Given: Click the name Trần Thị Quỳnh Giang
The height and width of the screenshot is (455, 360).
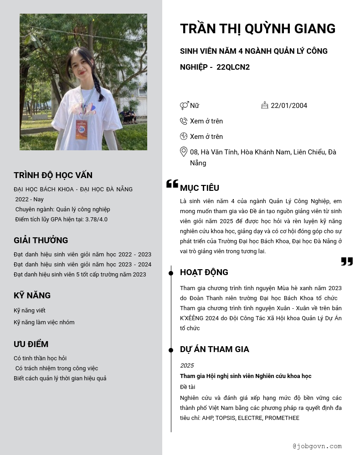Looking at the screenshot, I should click(257, 29).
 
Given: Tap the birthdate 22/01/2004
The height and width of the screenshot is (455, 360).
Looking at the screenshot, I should click(289, 106).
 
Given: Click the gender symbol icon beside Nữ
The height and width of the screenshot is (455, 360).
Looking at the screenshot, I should click(184, 106).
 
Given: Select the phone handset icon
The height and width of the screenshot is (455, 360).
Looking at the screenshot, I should click(184, 121).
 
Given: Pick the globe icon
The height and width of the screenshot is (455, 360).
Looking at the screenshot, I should click(184, 136).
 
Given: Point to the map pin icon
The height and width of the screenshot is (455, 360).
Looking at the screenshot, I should click(184, 152).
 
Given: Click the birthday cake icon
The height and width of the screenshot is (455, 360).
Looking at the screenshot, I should click(265, 105).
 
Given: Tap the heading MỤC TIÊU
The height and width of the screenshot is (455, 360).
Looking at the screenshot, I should click(200, 188).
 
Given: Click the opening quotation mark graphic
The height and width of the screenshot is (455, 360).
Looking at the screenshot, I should click(172, 184).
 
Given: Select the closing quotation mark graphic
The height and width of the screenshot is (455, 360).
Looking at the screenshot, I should click(347, 261).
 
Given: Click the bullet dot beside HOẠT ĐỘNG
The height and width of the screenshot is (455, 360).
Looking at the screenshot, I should click(171, 273).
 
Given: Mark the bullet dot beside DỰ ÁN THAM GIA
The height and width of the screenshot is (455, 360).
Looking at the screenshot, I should click(171, 350).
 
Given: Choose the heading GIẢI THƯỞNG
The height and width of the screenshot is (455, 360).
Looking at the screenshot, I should click(41, 240).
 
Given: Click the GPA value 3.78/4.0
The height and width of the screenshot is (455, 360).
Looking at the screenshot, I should click(96, 220).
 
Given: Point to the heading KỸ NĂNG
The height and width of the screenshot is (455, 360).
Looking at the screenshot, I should click(32, 296).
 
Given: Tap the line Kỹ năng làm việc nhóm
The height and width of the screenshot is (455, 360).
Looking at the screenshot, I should click(44, 322).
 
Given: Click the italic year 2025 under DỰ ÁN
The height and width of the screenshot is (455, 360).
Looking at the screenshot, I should click(187, 366).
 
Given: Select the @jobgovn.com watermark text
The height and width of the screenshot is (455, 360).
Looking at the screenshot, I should click(317, 446).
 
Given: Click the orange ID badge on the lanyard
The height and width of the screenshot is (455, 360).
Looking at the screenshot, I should click(81, 130).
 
